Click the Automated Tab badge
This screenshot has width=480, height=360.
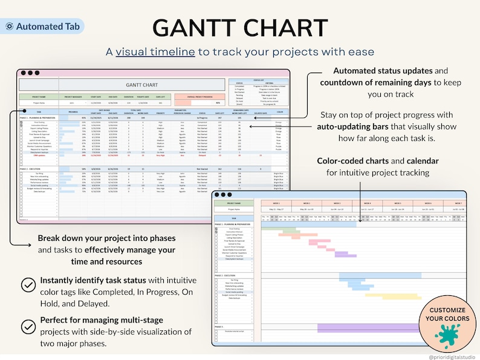(x=42, y=26)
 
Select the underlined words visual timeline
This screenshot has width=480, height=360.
(x=155, y=52)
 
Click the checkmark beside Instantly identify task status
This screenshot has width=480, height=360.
(x=28, y=285)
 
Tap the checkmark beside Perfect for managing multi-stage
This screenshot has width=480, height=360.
(x=28, y=327)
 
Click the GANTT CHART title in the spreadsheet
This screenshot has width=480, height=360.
(x=141, y=85)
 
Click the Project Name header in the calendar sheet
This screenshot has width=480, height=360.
(x=236, y=203)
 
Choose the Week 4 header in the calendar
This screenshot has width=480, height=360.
(x=366, y=203)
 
